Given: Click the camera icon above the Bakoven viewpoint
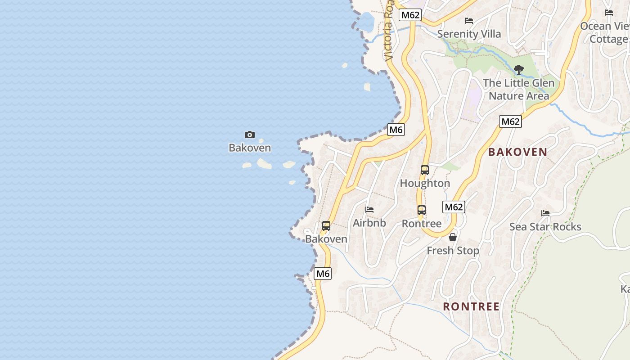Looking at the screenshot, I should click(x=250, y=135).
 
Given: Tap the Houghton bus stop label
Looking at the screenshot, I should click(x=425, y=183).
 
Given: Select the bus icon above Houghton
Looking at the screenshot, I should click(x=425, y=170).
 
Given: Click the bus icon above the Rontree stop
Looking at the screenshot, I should click(x=422, y=210).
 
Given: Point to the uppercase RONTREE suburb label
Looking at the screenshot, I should click(x=471, y=306).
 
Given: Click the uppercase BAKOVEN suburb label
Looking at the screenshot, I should click(x=517, y=152).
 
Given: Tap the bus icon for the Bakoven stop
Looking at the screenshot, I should click(x=326, y=226).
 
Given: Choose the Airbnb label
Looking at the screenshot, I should click(x=369, y=223).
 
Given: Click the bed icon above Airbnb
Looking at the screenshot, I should click(x=369, y=210).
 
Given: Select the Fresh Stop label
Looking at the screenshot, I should click(x=453, y=250).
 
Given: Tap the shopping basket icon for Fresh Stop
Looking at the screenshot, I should click(x=453, y=237).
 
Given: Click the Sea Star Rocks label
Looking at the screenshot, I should click(x=545, y=226).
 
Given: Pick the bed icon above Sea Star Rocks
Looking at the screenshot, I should click(x=545, y=213).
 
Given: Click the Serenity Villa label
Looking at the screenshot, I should click(x=469, y=34).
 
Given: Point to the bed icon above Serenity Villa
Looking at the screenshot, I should click(x=469, y=21).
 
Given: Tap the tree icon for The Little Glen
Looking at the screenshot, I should click(x=519, y=70).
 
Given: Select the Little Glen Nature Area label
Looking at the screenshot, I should click(x=519, y=90).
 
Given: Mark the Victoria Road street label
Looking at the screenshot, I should click(x=390, y=31).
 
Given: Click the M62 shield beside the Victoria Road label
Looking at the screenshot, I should click(x=410, y=15).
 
